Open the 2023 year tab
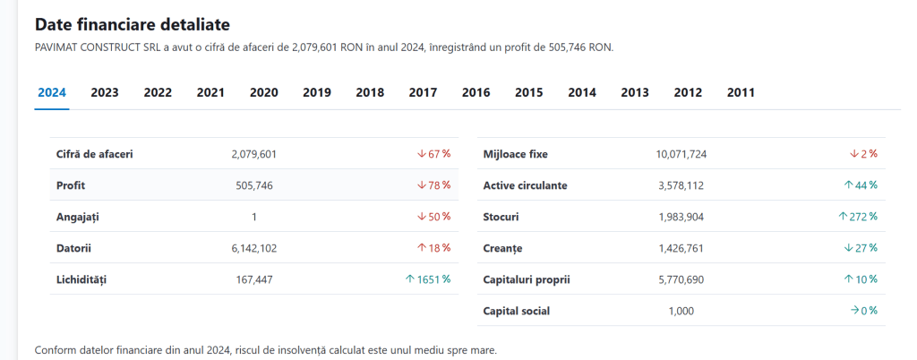click(x=105, y=92)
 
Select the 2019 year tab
click(x=316, y=92)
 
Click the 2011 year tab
click(x=741, y=92)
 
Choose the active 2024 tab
click(x=52, y=92)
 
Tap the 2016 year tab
click(x=476, y=92)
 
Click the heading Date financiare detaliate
click(x=133, y=24)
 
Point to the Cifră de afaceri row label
click(x=95, y=154)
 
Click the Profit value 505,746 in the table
click(x=253, y=186)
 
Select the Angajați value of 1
click(x=253, y=217)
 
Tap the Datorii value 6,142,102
click(x=253, y=248)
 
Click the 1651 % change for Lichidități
click(x=428, y=279)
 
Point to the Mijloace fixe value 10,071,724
click(x=681, y=154)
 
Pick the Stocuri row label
click(x=501, y=218)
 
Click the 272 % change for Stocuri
click(x=858, y=217)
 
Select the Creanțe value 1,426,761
click(x=681, y=248)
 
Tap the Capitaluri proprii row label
click(x=527, y=280)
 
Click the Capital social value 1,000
click(x=681, y=311)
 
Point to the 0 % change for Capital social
click(x=864, y=311)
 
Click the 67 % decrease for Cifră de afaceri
click(x=434, y=154)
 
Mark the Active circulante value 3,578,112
click(x=681, y=186)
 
